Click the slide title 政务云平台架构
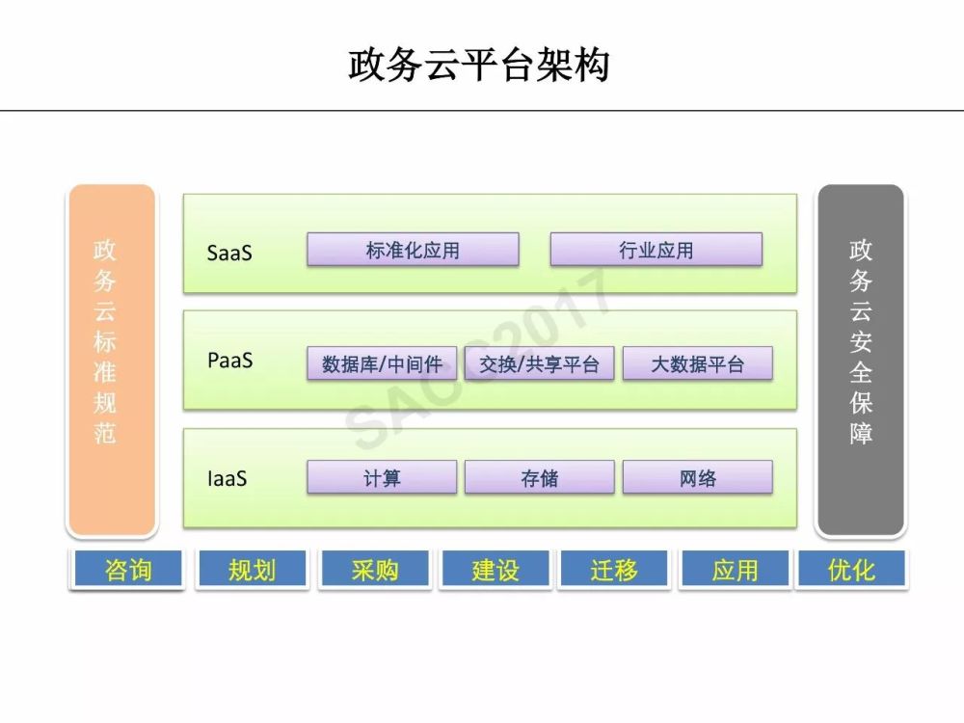(479, 65)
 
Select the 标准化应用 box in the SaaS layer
(413, 249)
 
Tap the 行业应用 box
(656, 249)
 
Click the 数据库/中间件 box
(382, 363)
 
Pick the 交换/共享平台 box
(539, 363)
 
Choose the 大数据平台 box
(697, 363)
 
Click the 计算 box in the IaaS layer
(382, 477)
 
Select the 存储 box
(539, 477)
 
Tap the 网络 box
(697, 477)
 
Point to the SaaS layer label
(229, 253)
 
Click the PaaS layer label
(230, 361)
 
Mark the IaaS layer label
(227, 478)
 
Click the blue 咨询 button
(128, 570)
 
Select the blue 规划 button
(252, 570)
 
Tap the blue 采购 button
(375, 570)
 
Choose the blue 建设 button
(495, 570)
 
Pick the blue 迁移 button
(614, 570)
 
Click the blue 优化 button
(851, 570)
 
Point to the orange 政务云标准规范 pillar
(112, 361)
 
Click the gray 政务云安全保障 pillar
(861, 361)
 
